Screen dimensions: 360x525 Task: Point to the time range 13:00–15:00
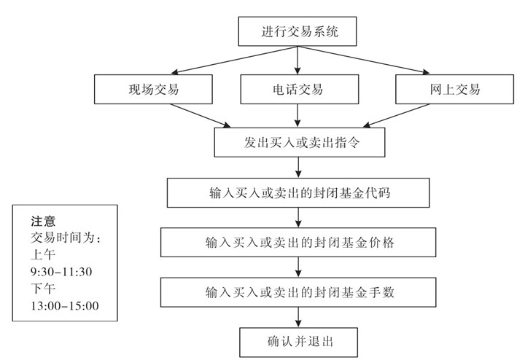click(x=65, y=304)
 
